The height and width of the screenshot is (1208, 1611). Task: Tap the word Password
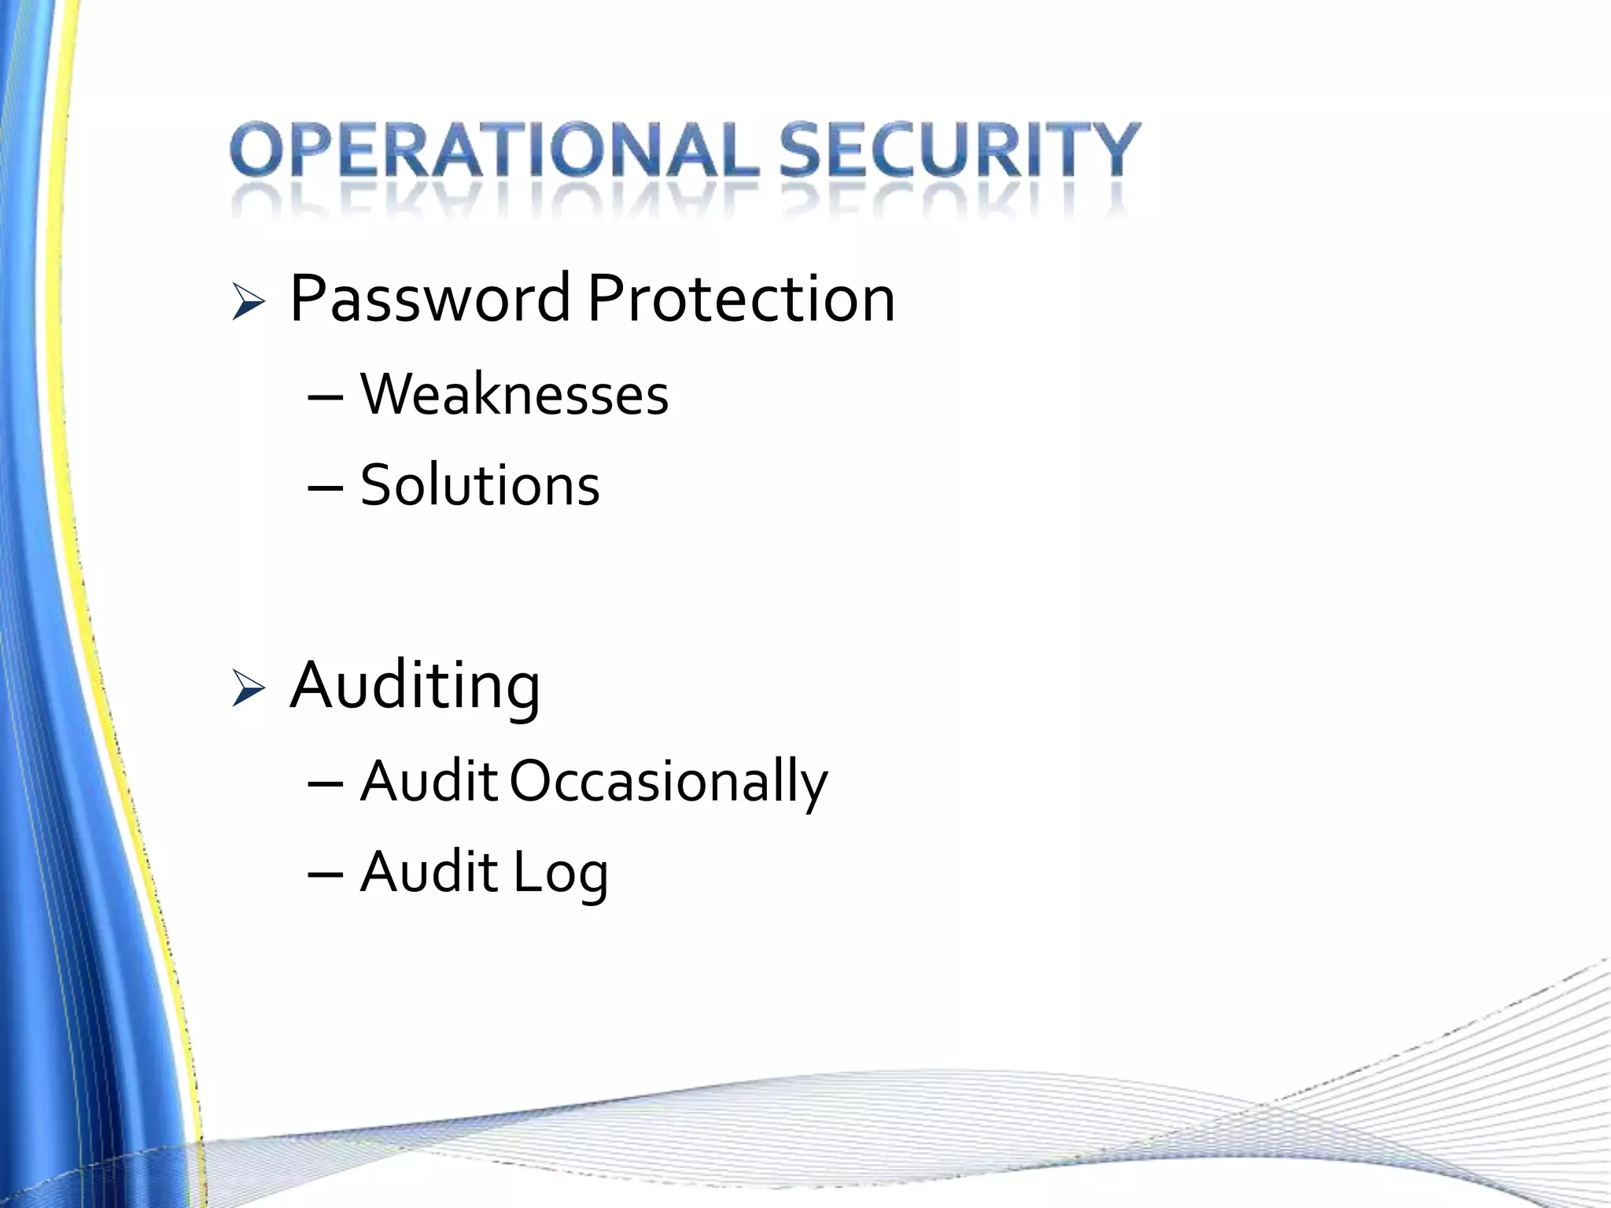pyautogui.click(x=429, y=299)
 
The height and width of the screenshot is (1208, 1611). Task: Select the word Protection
pyautogui.click(x=741, y=299)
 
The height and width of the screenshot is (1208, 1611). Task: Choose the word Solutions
pyautogui.click(x=480, y=484)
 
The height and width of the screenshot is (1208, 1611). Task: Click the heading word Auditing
pyautogui.click(x=415, y=686)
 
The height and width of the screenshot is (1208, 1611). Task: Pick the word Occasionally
pyautogui.click(x=669, y=782)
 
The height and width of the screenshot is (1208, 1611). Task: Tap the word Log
pyautogui.click(x=561, y=873)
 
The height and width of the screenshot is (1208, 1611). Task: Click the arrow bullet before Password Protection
pyautogui.click(x=249, y=303)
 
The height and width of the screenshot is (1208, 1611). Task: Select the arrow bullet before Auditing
pyautogui.click(x=249, y=689)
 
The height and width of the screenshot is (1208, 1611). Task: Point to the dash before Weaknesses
pyautogui.click(x=326, y=398)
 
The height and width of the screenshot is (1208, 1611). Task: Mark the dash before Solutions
pyautogui.click(x=326, y=488)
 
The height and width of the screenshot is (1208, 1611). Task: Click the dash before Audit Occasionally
pyautogui.click(x=326, y=785)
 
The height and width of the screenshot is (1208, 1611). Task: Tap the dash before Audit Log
pyautogui.click(x=326, y=875)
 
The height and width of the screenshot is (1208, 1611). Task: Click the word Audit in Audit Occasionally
pyautogui.click(x=429, y=782)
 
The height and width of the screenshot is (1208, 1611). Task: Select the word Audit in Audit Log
pyautogui.click(x=429, y=872)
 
